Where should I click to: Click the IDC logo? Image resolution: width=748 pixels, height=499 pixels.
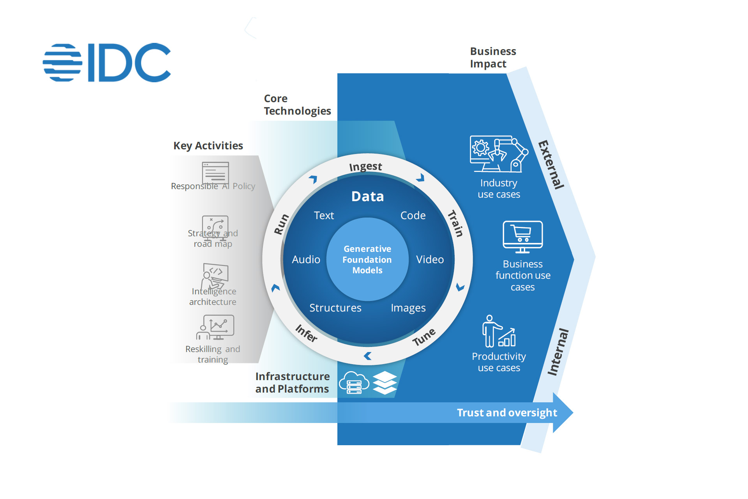coord(107,62)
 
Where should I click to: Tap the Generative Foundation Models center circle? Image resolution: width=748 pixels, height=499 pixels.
coord(367,259)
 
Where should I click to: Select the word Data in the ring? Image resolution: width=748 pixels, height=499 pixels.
coord(367,196)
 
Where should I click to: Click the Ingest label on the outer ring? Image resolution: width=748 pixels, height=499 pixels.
coord(365,167)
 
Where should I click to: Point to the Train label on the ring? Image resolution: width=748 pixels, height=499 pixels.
coord(455,223)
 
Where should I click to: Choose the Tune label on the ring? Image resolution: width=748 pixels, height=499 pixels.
coord(424,337)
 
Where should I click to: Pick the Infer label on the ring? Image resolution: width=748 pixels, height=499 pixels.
coord(307,333)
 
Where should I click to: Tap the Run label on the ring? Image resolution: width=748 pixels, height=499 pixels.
coord(281,224)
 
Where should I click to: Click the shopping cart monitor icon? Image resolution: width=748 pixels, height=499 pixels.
coord(522,237)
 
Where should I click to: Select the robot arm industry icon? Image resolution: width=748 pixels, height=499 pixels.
coord(499,154)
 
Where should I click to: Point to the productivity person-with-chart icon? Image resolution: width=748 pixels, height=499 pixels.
coord(499,331)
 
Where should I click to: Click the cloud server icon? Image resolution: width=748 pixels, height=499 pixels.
coord(354,382)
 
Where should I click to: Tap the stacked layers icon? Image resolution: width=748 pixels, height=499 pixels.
coord(385,382)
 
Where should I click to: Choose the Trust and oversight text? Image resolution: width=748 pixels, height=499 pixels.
coord(507,412)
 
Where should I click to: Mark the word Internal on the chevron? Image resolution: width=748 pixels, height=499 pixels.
coord(558,352)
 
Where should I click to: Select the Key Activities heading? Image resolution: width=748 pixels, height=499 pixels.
coord(208,146)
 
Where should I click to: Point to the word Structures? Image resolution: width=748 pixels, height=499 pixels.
coord(335,308)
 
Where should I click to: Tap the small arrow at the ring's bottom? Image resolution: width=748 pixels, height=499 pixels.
coord(367,356)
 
